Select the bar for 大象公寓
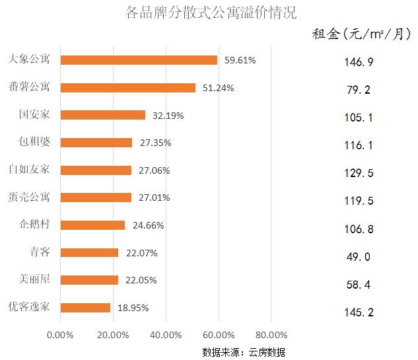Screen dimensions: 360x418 click(139, 60)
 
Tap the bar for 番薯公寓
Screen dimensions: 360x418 click(128, 88)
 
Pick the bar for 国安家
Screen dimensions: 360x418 click(103, 115)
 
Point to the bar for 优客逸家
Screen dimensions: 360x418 click(85, 307)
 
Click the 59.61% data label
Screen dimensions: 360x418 click(240, 60)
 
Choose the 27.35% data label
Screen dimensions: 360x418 click(155, 143)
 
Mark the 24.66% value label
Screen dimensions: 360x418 click(148, 225)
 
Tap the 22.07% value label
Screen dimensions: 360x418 click(141, 253)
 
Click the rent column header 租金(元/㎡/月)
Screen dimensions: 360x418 click(361, 34)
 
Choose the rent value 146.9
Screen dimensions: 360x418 click(359, 62)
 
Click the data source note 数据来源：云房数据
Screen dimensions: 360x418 click(244, 351)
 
